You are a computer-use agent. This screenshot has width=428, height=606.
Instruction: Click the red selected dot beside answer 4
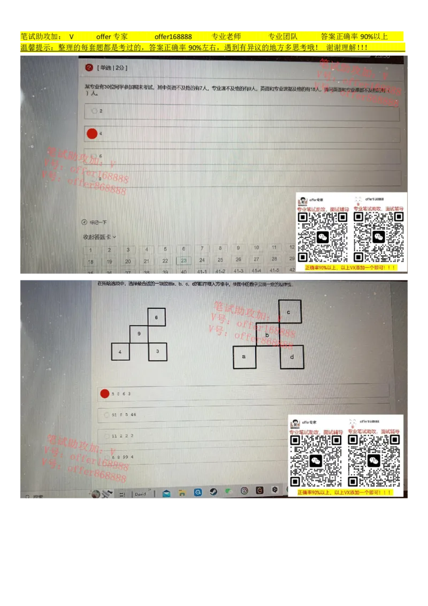click(92, 133)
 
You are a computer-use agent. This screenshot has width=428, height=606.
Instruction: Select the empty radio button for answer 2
click(94, 111)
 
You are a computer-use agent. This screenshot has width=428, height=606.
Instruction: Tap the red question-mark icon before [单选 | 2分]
click(89, 67)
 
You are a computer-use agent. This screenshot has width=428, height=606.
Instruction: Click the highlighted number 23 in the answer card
click(184, 261)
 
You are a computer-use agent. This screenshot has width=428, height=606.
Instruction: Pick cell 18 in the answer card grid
click(91, 262)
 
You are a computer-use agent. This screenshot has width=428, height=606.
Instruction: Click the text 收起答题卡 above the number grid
click(99, 237)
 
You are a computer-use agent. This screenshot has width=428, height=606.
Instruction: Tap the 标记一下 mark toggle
click(84, 222)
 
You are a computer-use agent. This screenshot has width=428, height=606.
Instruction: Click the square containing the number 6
click(156, 317)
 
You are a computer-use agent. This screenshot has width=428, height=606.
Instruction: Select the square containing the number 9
click(139, 334)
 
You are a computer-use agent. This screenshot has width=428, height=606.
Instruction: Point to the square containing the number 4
click(120, 352)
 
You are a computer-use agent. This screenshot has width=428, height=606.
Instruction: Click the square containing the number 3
click(157, 352)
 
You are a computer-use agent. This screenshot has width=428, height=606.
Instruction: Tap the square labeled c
click(289, 312)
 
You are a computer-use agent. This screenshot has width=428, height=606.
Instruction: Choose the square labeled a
click(244, 357)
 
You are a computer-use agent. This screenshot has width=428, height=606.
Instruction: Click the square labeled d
click(292, 357)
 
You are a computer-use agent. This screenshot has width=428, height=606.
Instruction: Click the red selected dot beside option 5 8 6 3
click(105, 393)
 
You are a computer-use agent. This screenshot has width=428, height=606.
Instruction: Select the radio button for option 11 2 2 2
click(107, 436)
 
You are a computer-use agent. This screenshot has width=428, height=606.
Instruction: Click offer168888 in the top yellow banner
click(173, 37)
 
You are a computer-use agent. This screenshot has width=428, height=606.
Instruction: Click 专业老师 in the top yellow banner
click(226, 37)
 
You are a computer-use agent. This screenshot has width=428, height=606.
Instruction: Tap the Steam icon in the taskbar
click(213, 491)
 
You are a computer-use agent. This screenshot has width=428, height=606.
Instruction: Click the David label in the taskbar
click(140, 494)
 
